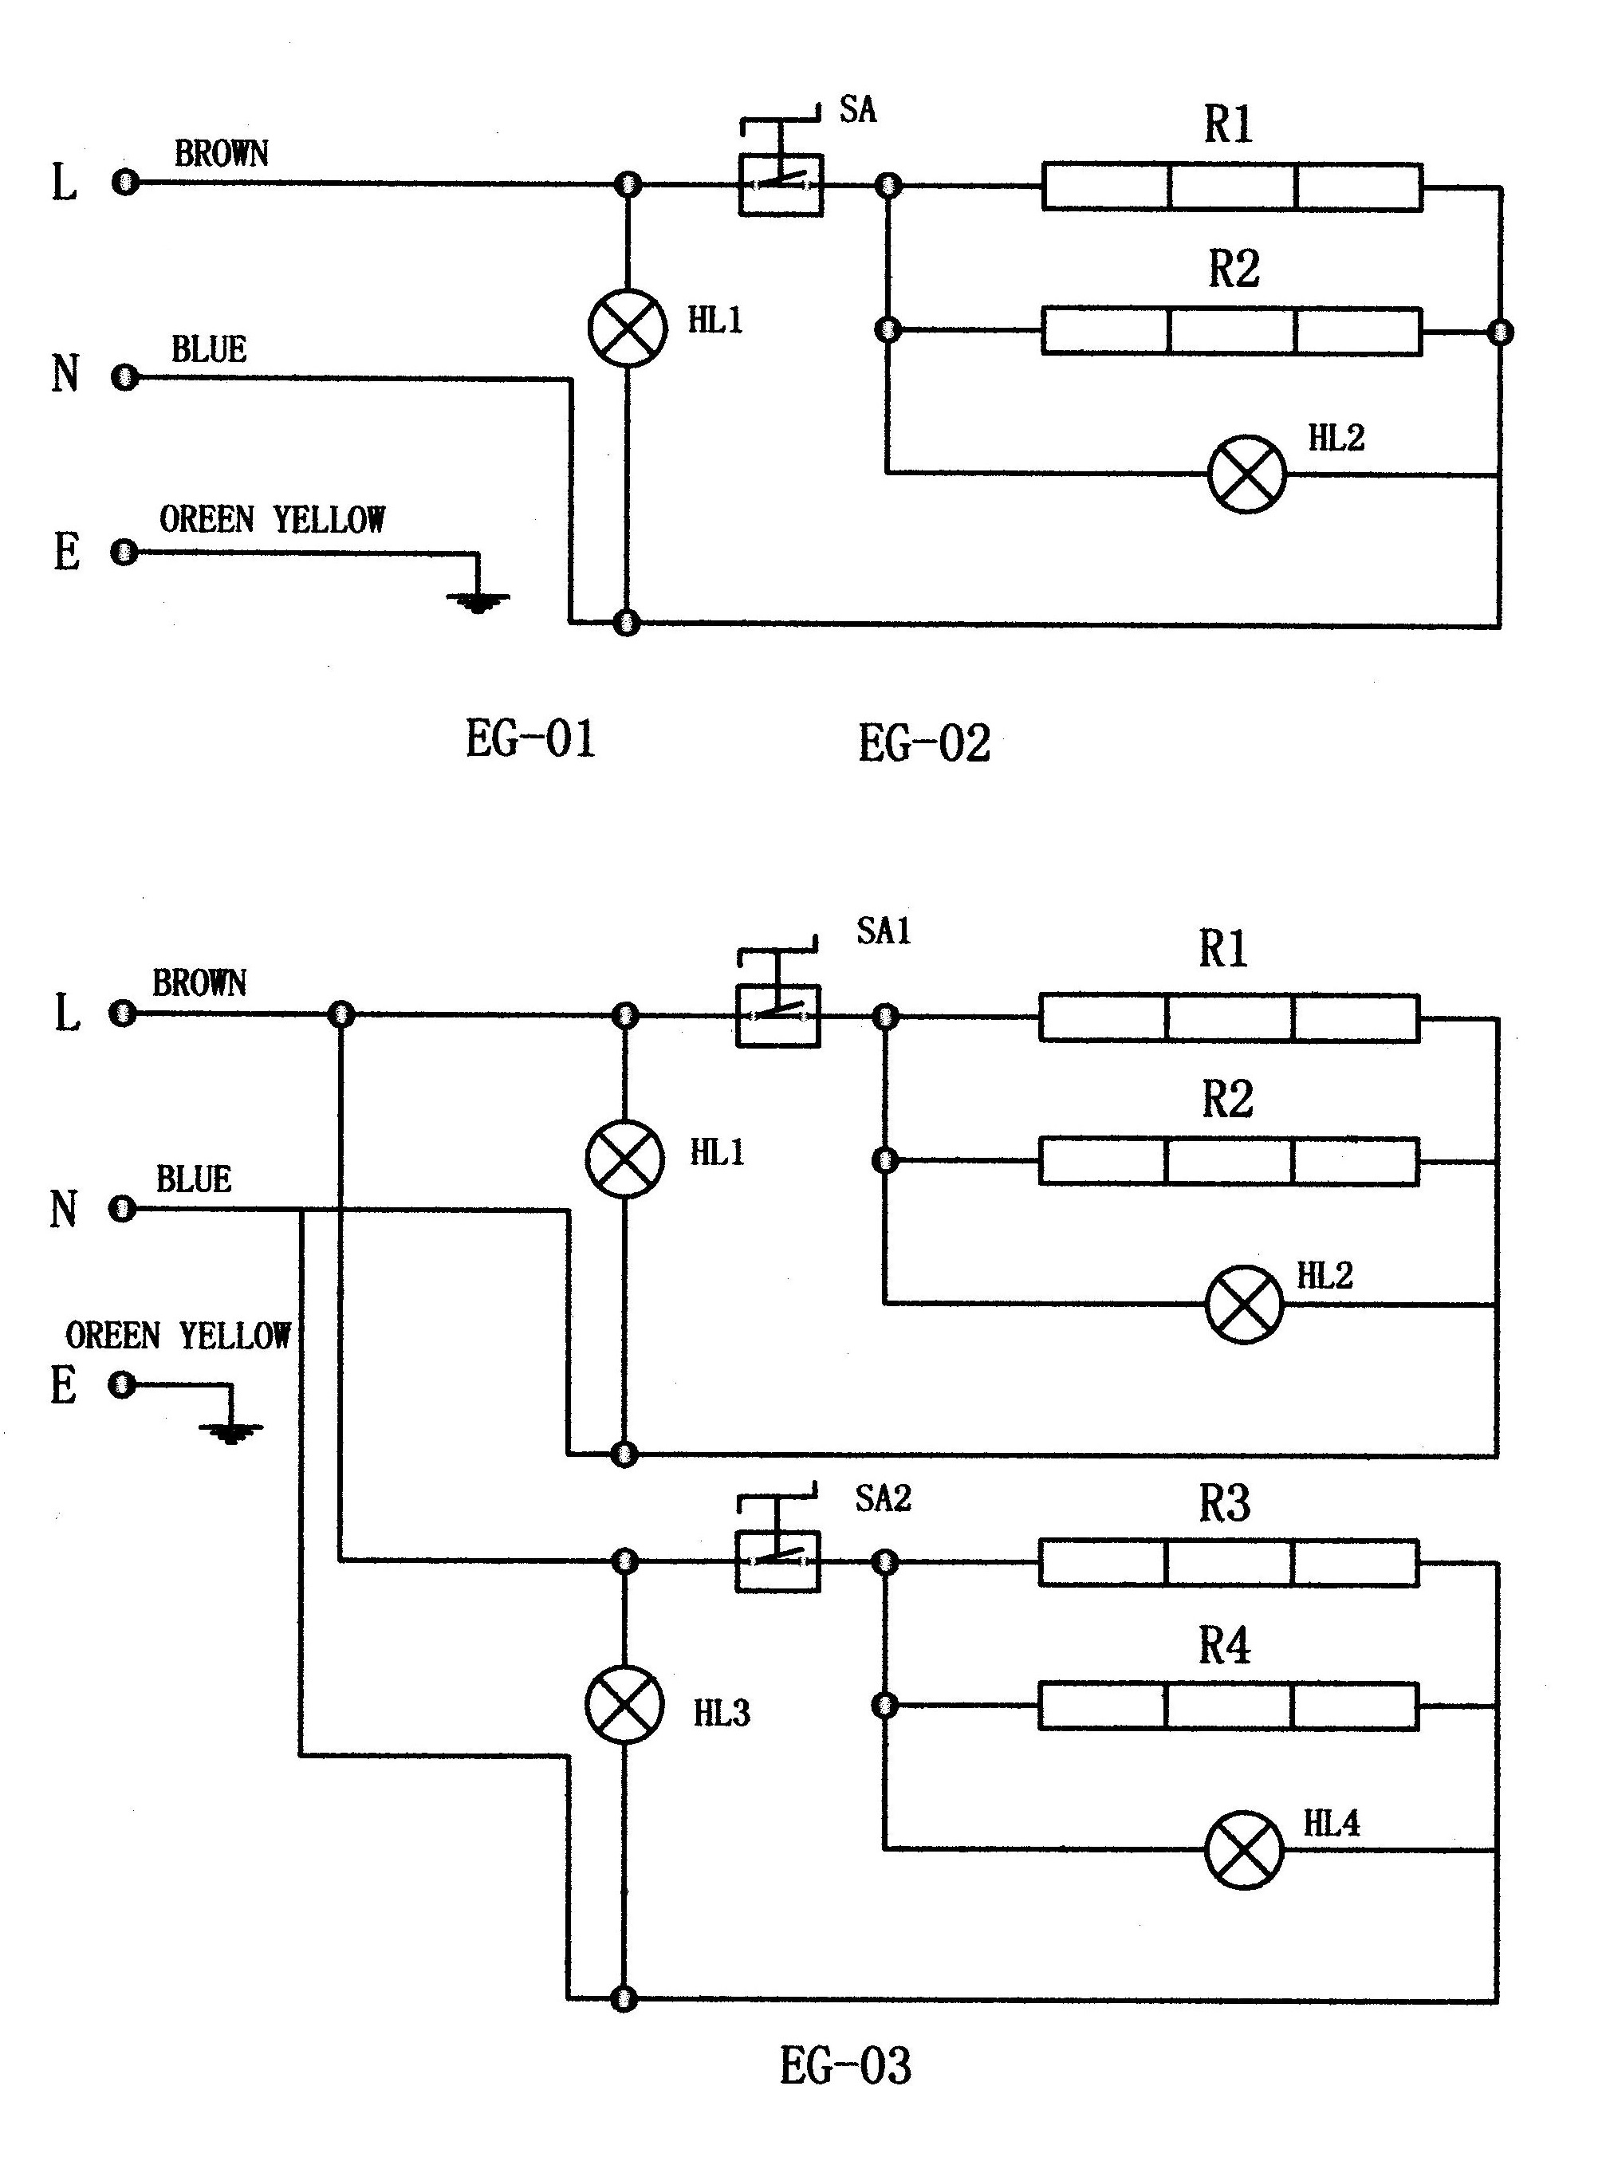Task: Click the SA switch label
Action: [858, 111]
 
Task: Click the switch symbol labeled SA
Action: [781, 167]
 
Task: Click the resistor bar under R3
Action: [1229, 1562]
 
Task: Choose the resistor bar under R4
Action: [1229, 1706]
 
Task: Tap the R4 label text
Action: [1225, 1646]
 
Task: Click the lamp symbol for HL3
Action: [625, 1705]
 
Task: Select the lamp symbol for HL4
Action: [1244, 1849]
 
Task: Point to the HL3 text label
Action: [722, 1714]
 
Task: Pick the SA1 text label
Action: [884, 931]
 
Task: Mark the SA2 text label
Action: [884, 1498]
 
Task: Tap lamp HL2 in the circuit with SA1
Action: [1244, 1305]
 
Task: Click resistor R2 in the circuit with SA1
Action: [1229, 1161]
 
